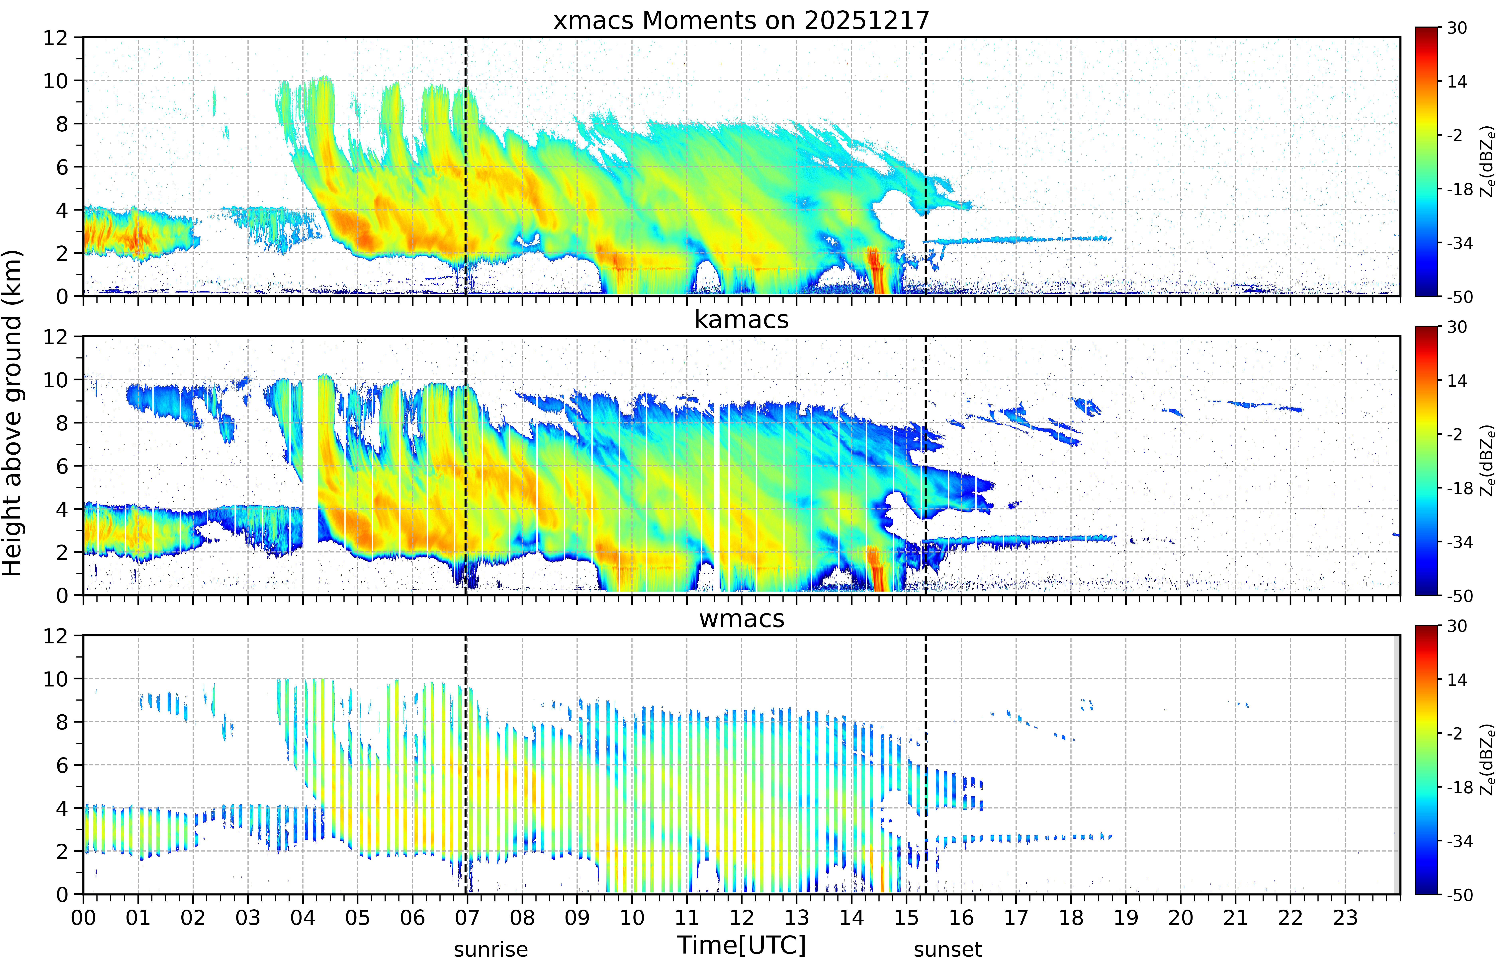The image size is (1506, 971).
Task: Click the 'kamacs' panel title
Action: pos(741,320)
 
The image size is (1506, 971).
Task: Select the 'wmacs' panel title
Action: pos(741,618)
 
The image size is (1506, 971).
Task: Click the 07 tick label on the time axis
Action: pos(467,917)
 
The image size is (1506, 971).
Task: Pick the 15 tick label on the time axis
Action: pos(907,917)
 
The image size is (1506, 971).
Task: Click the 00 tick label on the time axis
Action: pos(83,917)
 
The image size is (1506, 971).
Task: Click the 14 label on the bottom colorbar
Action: pos(1457,680)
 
